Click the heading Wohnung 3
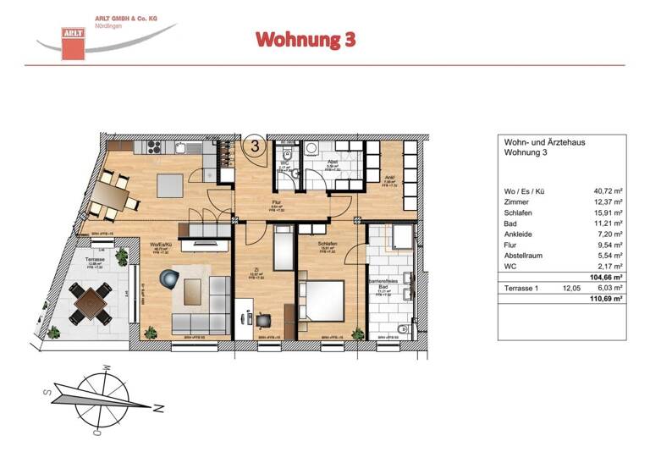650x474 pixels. (306, 39)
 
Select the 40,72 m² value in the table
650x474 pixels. (608, 191)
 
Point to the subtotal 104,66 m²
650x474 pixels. (606, 276)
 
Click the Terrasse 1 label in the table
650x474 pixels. (523, 288)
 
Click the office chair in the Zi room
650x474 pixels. (263, 321)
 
